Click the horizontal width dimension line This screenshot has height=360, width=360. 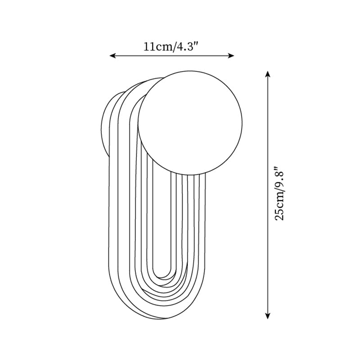click(x=172, y=56)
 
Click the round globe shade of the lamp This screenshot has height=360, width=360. click(x=190, y=121)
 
